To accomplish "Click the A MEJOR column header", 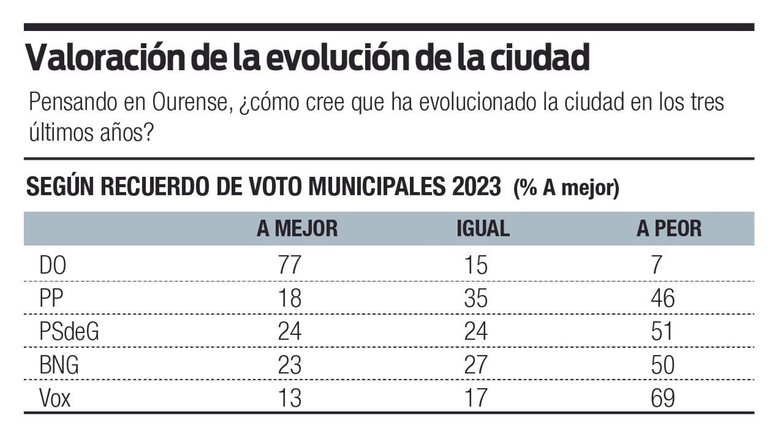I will pos(297,229).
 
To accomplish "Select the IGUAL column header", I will pos(483,229).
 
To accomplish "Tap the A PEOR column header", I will pos(669,229).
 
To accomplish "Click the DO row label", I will pos(52,266).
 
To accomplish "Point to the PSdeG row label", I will pos(69,332).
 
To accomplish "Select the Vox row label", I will pos(55,398).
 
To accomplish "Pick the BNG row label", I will pos(59,365).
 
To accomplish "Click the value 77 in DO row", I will pos(289,265).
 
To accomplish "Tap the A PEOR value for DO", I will pos(657,265).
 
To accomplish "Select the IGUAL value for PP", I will pos(475,298).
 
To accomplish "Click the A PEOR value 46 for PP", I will pos(662,298).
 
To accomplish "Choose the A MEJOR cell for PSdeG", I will pos(289,332).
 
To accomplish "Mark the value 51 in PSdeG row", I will pos(662,332).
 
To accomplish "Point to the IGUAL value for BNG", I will pos(475,365).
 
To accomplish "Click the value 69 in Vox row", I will pos(662,398).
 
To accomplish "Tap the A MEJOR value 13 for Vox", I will pos(289,398).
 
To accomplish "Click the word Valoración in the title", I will pos(105,58).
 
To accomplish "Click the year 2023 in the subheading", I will pos(476,186).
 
